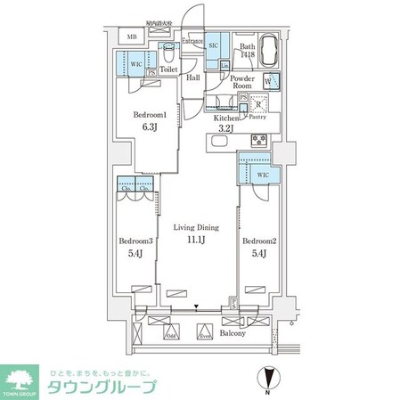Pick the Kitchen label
point(226,118)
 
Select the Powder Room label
point(243,85)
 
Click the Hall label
point(193,78)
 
